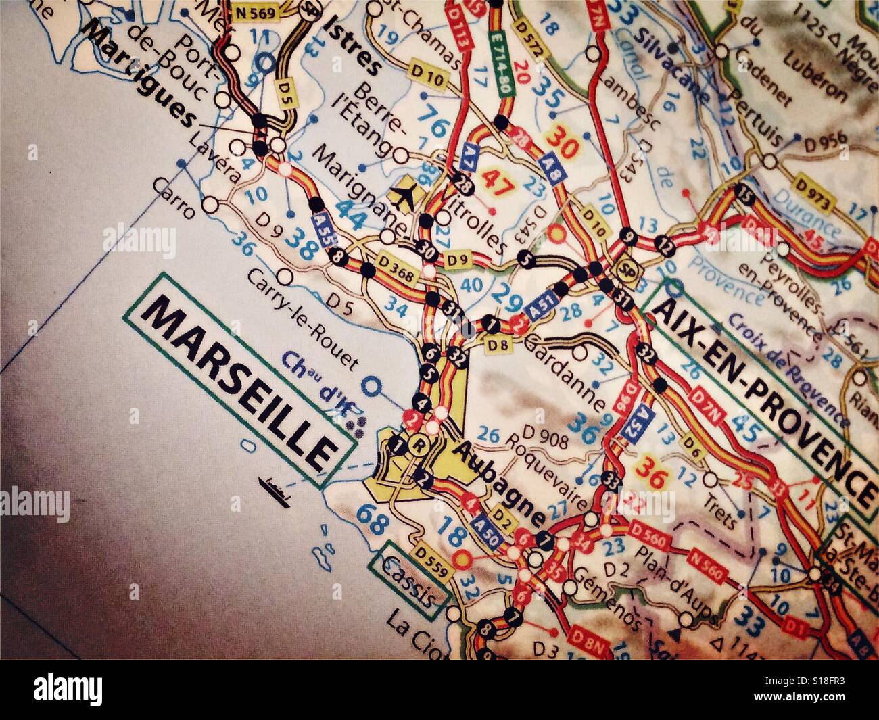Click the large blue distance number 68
(371, 517)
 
